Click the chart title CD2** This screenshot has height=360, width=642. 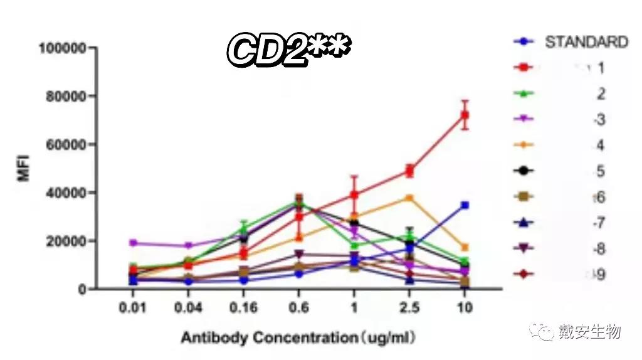[x=288, y=51]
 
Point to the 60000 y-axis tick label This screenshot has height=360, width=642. [x=63, y=144]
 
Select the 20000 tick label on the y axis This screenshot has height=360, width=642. [x=63, y=241]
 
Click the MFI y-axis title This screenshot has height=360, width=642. [x=24, y=169]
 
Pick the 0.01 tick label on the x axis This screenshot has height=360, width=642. [x=132, y=309]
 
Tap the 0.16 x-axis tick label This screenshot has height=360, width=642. [x=243, y=309]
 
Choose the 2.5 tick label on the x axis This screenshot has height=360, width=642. [x=409, y=309]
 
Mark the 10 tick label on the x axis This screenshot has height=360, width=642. [x=465, y=309]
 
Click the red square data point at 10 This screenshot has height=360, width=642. [x=465, y=115]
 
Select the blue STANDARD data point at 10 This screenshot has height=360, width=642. [x=465, y=205]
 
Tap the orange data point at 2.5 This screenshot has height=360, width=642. [x=409, y=198]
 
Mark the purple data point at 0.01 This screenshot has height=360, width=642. [x=132, y=243]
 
